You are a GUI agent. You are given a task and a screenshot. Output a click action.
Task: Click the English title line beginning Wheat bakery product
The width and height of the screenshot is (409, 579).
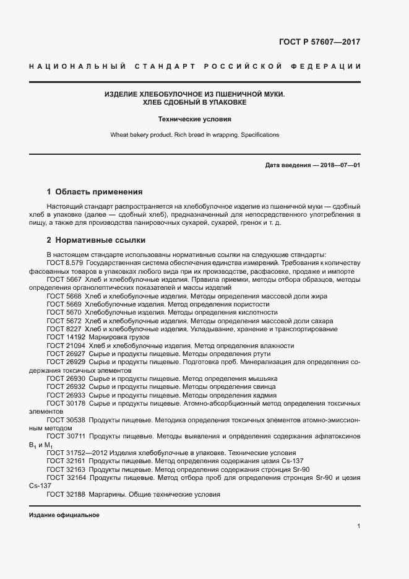194,134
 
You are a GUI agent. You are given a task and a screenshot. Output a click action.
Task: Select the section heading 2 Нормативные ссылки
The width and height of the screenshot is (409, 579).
96,240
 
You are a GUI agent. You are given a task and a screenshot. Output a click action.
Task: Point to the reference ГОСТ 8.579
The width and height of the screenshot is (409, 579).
65,263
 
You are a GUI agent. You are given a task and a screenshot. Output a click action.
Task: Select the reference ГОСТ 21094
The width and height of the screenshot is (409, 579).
66,346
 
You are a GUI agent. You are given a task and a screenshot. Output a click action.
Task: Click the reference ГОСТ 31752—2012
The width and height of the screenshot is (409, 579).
79,452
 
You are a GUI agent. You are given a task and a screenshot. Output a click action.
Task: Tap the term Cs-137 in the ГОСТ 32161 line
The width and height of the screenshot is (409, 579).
290,461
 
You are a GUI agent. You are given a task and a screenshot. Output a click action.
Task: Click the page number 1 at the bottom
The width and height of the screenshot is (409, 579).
359,526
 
